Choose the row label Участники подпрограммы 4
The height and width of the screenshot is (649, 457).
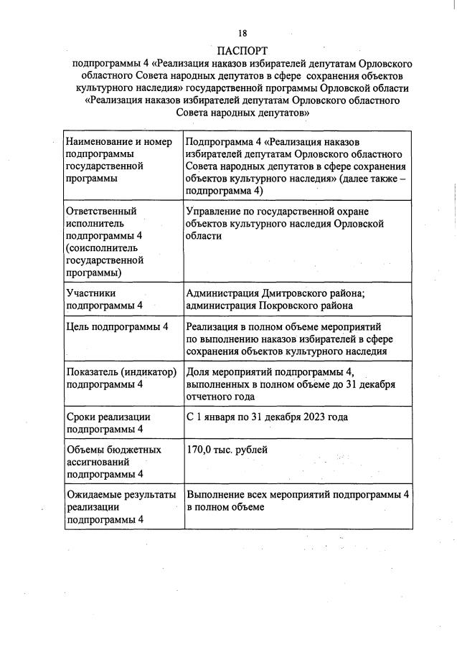(104, 299)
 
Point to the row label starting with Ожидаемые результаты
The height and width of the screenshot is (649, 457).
(120, 508)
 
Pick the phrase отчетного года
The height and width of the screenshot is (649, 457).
(222, 396)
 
